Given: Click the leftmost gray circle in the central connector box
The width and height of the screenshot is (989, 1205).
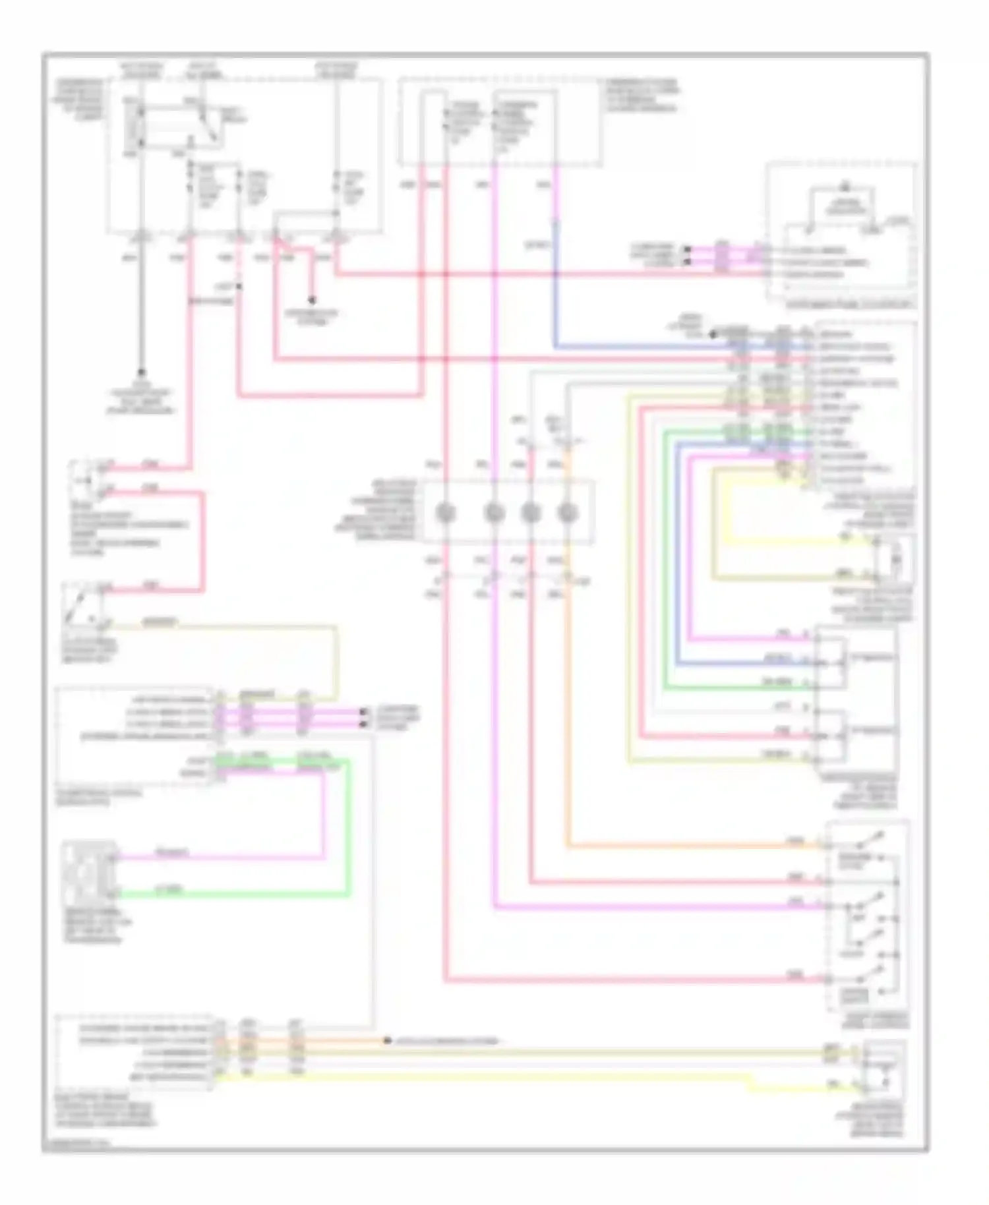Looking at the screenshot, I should coord(446,512).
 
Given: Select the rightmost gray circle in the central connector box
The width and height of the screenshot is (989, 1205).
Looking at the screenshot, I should coord(567,512).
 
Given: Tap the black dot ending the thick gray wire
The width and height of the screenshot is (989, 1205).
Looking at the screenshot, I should coord(141,372).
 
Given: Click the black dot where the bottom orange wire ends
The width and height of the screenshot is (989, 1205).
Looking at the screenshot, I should coord(388,1041).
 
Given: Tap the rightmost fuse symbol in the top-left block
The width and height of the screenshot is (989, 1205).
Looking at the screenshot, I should coord(337,187).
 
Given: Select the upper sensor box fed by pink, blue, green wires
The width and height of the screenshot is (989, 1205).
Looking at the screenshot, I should coord(831,663).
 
